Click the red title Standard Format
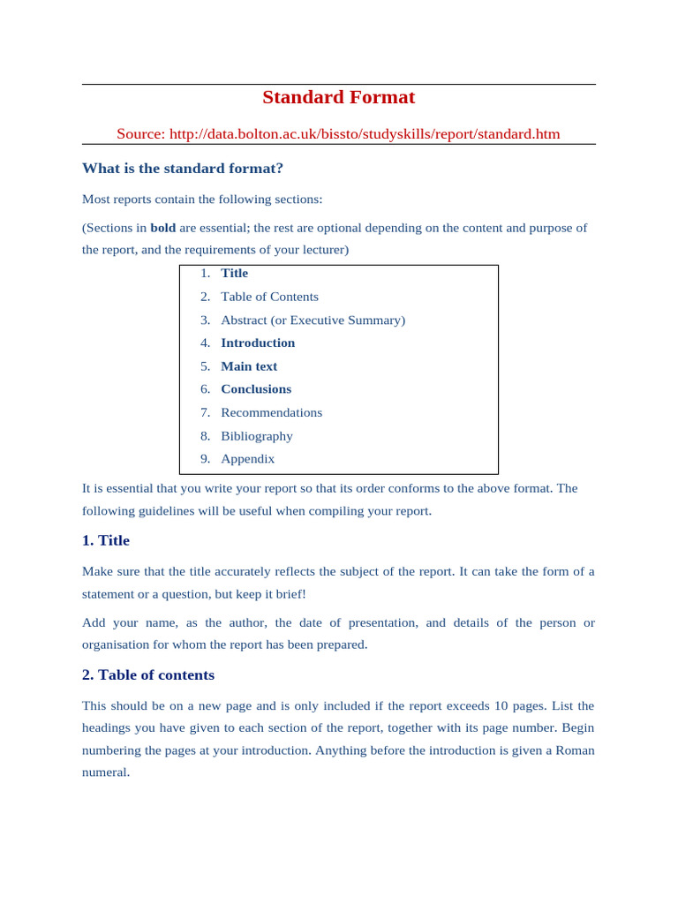[338, 97]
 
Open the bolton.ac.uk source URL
[364, 134]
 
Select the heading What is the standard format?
[183, 168]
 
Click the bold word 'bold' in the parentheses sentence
[162, 228]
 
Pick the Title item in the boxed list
[234, 273]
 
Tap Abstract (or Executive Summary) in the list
[313, 320]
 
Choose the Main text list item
[249, 366]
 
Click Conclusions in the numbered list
[256, 389]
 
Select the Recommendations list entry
[271, 412]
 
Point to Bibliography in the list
[256, 436]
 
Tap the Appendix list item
[247, 459]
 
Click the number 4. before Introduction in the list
[205, 343]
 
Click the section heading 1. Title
[106, 540]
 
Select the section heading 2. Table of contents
[148, 675]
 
